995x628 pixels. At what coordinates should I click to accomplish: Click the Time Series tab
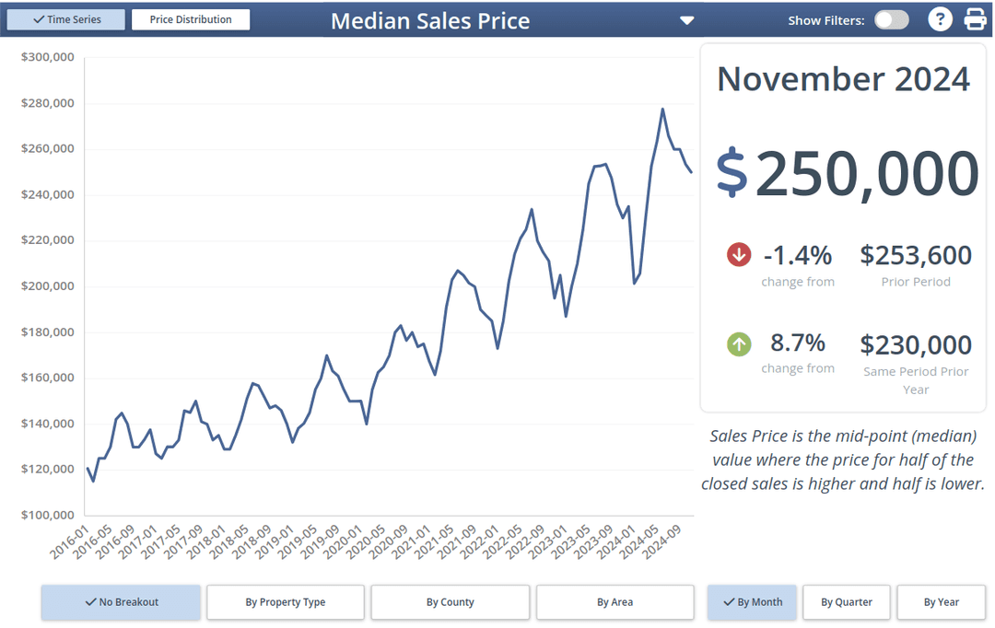65,19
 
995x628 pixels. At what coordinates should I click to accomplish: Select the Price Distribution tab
191,19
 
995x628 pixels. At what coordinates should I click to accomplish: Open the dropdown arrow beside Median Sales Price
685,20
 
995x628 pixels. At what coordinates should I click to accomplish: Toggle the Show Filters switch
891,19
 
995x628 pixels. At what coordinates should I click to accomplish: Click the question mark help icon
939,19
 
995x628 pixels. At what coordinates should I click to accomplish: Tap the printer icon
975,19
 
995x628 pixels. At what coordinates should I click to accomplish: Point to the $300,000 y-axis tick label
47,57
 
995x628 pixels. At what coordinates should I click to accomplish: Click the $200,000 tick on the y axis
47,286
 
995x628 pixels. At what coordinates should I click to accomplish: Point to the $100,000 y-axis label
47,515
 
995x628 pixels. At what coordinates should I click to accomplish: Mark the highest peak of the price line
662,109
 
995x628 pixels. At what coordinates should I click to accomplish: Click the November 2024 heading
843,79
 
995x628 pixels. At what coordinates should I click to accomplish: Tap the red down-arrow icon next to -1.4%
739,254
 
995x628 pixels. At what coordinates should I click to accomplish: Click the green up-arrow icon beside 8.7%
739,344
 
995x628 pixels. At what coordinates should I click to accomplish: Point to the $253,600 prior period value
916,255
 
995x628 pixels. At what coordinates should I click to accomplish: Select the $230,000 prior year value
916,345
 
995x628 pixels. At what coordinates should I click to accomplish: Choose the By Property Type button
286,602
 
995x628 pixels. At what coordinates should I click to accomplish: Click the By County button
450,602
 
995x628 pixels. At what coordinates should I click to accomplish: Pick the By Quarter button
847,602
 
